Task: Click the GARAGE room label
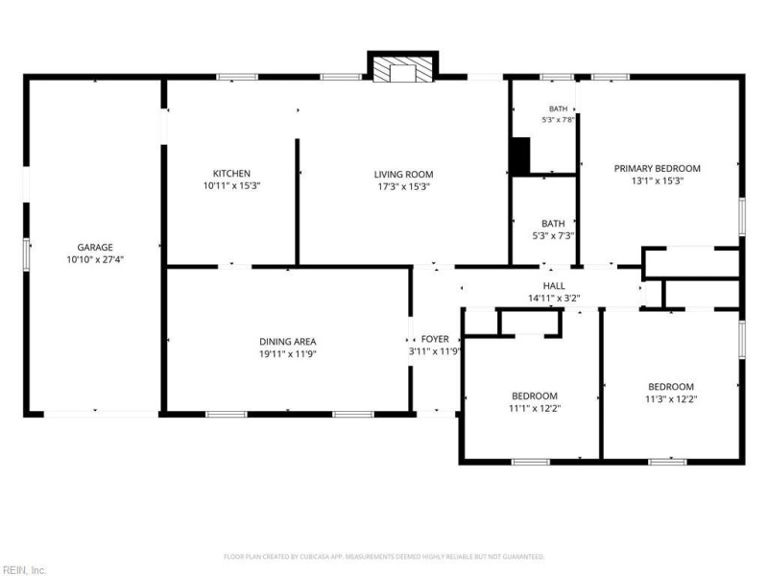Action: tap(95, 248)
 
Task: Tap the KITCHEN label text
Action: tap(231, 174)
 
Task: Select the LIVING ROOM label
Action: tap(403, 175)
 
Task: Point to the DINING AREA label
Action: tap(288, 342)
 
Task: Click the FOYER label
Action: tap(435, 339)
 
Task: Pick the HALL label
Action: tap(554, 285)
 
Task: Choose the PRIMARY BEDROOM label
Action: tap(658, 169)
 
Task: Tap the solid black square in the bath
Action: tap(520, 156)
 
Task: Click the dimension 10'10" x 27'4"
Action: tap(95, 259)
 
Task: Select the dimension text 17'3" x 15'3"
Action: tap(403, 186)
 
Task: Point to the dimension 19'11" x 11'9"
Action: tap(288, 353)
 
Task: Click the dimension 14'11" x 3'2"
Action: tap(554, 298)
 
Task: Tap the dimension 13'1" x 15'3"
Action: tap(658, 180)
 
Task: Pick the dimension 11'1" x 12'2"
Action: tap(535, 408)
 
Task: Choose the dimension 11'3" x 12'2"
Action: tap(671, 398)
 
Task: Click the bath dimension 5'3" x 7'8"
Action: tap(558, 119)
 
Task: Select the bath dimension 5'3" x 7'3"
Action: tap(553, 235)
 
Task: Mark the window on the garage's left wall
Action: tap(27, 254)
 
